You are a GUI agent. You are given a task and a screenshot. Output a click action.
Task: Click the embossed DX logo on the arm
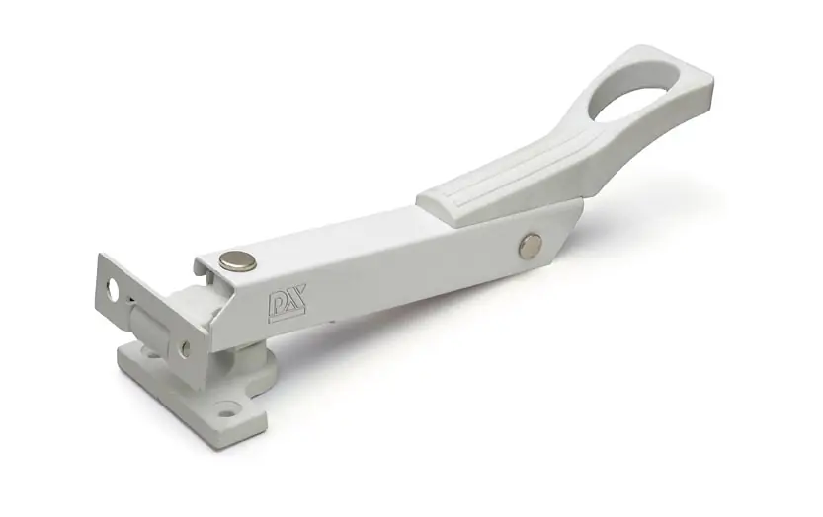click(x=285, y=307)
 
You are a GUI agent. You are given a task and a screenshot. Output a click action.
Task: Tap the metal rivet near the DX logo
click(x=238, y=260)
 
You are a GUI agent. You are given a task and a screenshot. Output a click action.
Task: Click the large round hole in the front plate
click(x=113, y=290)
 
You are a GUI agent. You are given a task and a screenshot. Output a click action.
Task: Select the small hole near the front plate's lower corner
click(x=184, y=348)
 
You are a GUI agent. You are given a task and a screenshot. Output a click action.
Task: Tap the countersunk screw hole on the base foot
click(x=227, y=407)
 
